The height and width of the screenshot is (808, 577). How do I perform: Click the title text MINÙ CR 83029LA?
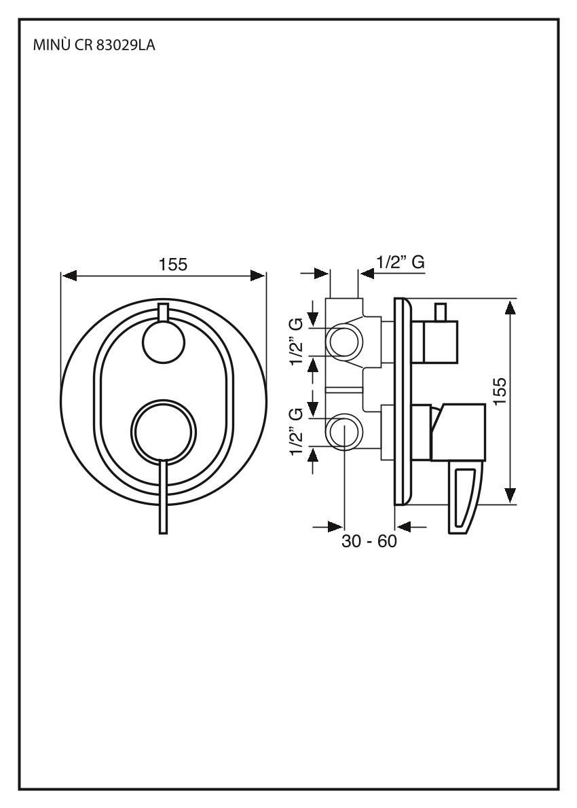(x=94, y=48)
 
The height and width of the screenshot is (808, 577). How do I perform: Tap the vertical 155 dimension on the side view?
(x=499, y=392)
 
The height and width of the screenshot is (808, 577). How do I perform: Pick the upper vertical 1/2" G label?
(x=296, y=342)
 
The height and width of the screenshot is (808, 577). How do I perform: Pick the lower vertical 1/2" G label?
(x=296, y=433)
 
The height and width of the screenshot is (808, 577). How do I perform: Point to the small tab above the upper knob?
(x=163, y=312)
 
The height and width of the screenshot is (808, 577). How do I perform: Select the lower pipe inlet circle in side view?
(x=344, y=433)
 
